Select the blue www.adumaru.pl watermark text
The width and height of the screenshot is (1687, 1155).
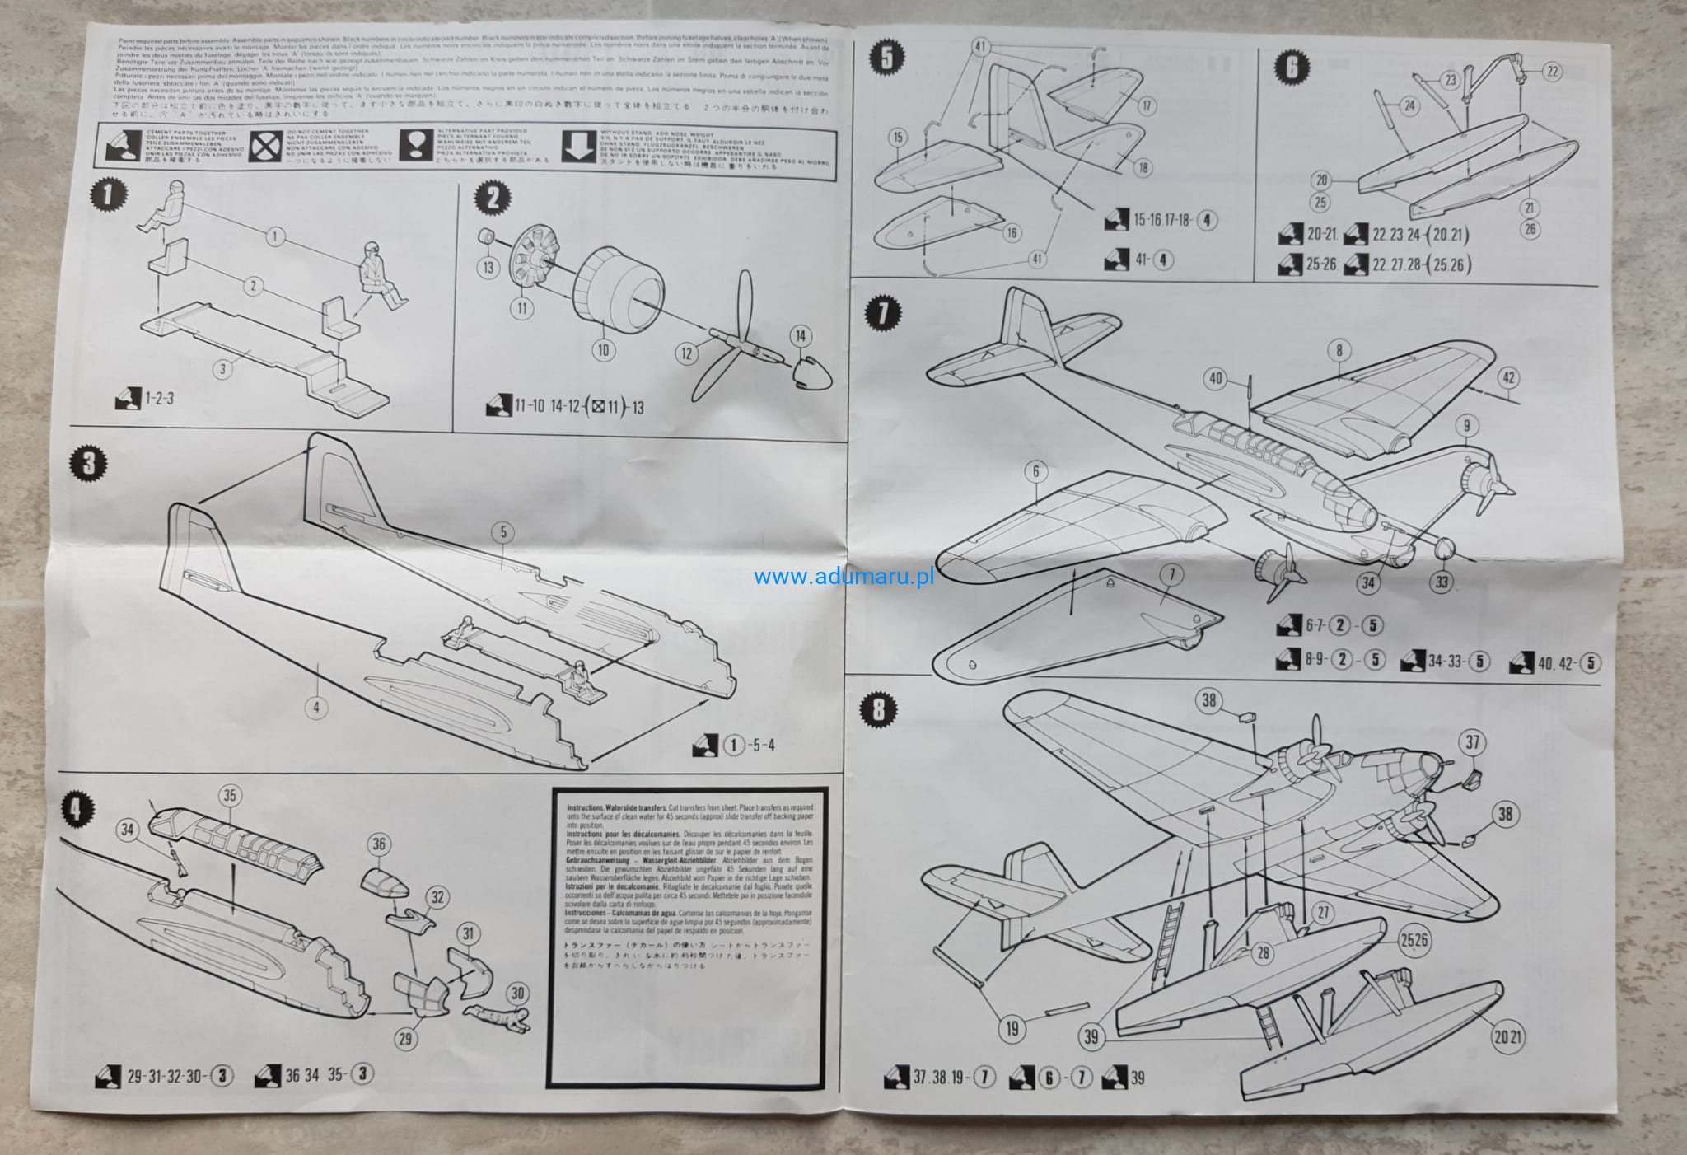[843, 577]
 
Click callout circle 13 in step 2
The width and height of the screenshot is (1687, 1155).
[488, 266]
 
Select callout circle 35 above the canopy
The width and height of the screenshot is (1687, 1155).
[230, 796]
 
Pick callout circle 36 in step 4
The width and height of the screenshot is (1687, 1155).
[379, 844]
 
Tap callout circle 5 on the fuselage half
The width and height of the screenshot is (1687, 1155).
[503, 532]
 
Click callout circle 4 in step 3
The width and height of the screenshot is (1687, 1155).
[316, 706]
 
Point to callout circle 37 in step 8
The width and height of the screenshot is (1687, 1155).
[1473, 743]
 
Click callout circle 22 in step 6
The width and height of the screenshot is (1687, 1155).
[1553, 72]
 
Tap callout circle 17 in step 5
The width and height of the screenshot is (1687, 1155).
[1146, 106]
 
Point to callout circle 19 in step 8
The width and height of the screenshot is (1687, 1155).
[1012, 1027]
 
